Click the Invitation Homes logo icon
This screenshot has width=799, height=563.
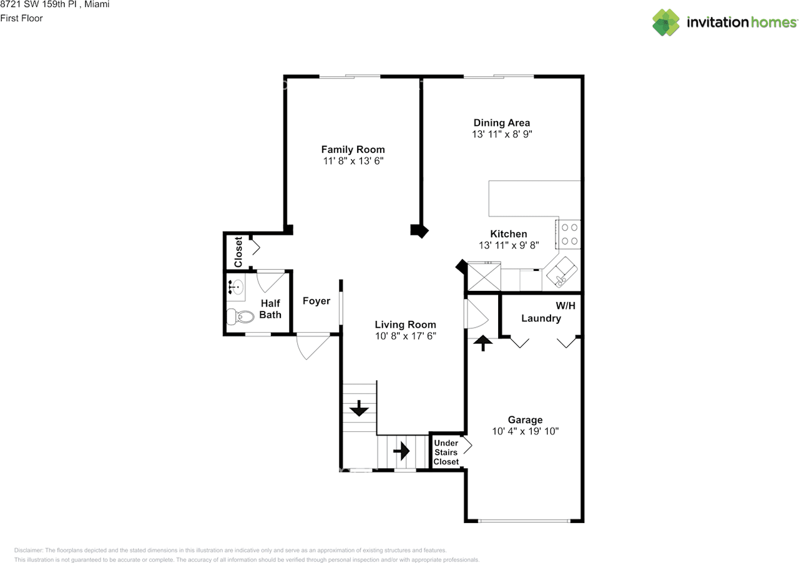click(x=666, y=22)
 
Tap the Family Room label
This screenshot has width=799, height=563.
click(x=353, y=150)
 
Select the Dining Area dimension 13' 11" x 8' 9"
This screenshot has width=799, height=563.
click(x=502, y=134)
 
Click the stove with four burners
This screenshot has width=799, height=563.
click(x=569, y=234)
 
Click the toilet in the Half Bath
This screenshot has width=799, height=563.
click(x=239, y=317)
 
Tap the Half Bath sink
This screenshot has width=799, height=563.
click(x=237, y=287)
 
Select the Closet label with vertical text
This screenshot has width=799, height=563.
click(x=238, y=252)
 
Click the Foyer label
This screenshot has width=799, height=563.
click(x=316, y=301)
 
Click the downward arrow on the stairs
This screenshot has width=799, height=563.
click(x=359, y=409)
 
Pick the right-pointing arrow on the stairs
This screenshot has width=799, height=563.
click(x=401, y=449)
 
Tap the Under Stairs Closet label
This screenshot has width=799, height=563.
click(x=446, y=453)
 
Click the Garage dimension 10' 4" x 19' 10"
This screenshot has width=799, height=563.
click(x=525, y=431)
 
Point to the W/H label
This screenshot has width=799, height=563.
click(x=566, y=306)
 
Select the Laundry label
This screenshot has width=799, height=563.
click(x=541, y=318)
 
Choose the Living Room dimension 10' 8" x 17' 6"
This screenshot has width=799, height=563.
click(x=405, y=336)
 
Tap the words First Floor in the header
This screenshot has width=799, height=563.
click(x=21, y=18)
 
